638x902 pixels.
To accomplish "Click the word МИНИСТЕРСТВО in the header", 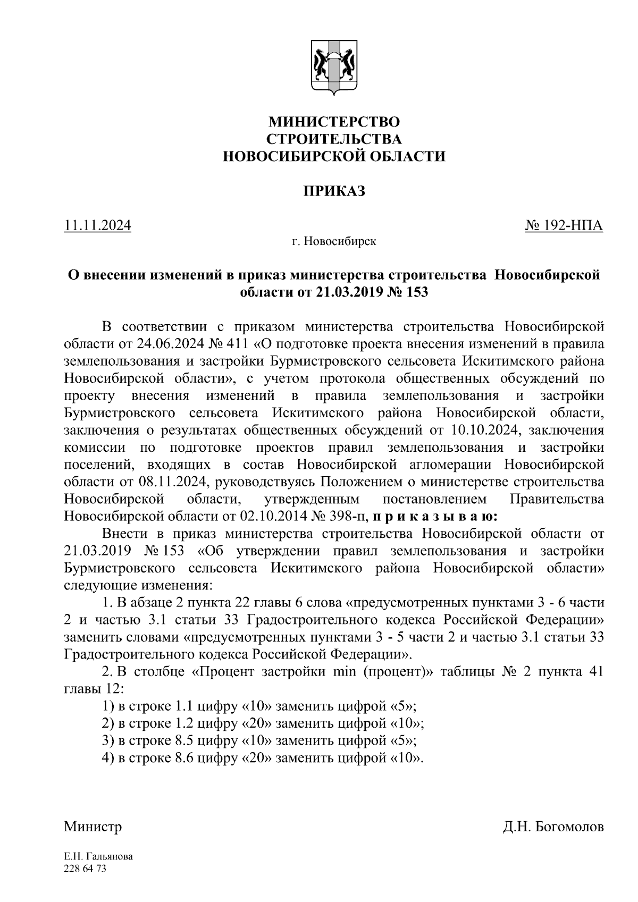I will click(333, 122).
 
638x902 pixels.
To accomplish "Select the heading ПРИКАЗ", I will click(334, 191).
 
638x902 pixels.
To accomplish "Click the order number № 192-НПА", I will click(564, 226).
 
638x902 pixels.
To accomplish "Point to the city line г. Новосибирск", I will click(333, 242).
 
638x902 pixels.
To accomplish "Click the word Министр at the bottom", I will click(93, 827).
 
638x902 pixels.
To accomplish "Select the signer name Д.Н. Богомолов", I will click(553, 827).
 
